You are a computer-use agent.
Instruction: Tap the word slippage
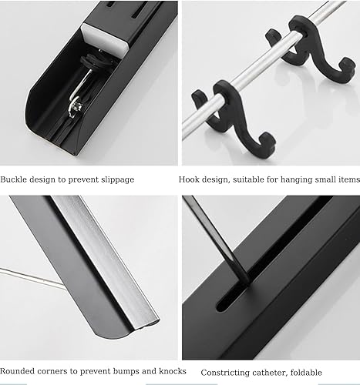pos(115,179)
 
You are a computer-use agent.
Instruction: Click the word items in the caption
pos(348,179)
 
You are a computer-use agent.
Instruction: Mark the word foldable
pos(322,351)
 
